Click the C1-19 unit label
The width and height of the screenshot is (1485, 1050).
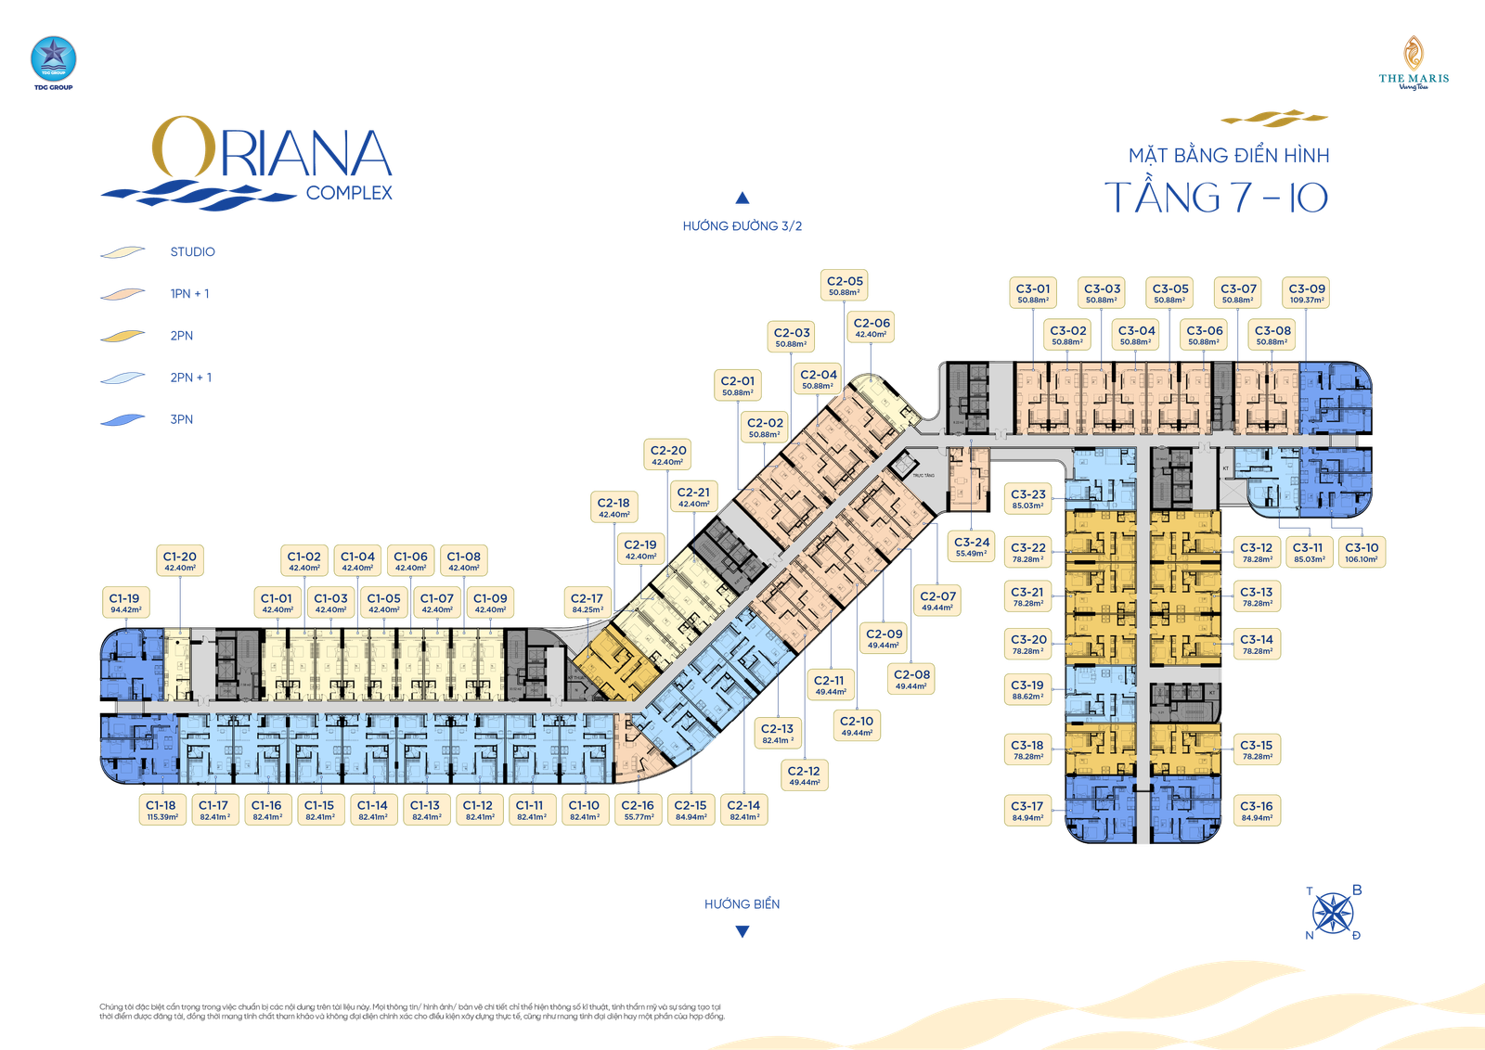(125, 603)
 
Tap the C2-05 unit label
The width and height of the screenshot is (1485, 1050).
(845, 286)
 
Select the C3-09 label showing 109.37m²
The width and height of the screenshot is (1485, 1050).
(1306, 293)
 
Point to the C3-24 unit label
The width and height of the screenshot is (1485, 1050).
(971, 546)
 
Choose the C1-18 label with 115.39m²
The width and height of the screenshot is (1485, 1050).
(161, 810)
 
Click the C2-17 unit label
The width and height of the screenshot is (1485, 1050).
(587, 603)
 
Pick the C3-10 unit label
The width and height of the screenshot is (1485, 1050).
(1362, 552)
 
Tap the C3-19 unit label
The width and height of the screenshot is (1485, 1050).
(1027, 689)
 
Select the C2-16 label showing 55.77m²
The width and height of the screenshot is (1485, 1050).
(638, 810)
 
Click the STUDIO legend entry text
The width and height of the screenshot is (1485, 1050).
(193, 252)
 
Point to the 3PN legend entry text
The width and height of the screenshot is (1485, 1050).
(182, 420)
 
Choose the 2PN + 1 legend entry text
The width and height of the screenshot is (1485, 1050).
(191, 378)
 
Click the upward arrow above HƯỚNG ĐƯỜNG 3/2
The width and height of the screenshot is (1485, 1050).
(742, 197)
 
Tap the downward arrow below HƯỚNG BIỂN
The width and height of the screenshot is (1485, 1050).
(742, 932)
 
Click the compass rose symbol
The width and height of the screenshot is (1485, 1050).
(1334, 913)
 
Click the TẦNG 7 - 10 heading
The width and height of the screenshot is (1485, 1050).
(1217, 198)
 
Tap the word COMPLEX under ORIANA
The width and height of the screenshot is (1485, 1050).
(349, 193)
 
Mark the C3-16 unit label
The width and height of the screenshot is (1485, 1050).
(1257, 811)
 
